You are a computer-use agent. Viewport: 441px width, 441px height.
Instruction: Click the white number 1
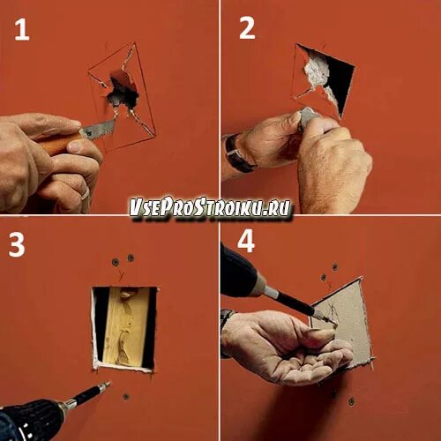tap(22, 30)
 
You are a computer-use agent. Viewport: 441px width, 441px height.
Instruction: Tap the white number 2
tap(247, 28)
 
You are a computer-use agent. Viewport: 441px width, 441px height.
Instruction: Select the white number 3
tap(17, 244)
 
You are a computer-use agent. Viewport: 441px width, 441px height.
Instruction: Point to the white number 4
tap(246, 242)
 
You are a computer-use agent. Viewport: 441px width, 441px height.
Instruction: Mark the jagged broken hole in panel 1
tap(121, 89)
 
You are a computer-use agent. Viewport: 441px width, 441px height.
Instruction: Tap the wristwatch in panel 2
tap(237, 153)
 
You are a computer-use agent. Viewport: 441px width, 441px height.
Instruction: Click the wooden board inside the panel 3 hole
tap(126, 326)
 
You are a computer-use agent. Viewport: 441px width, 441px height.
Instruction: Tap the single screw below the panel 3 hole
tap(126, 397)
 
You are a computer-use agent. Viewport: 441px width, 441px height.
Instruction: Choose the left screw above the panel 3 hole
tap(116, 262)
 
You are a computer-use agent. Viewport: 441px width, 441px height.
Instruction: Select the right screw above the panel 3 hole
tap(131, 258)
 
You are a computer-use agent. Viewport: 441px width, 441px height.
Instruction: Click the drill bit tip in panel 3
tap(108, 383)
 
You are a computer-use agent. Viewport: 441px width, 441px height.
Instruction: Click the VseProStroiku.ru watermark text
tap(211, 208)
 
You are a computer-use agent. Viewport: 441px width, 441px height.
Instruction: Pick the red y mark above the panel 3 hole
tap(121, 275)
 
